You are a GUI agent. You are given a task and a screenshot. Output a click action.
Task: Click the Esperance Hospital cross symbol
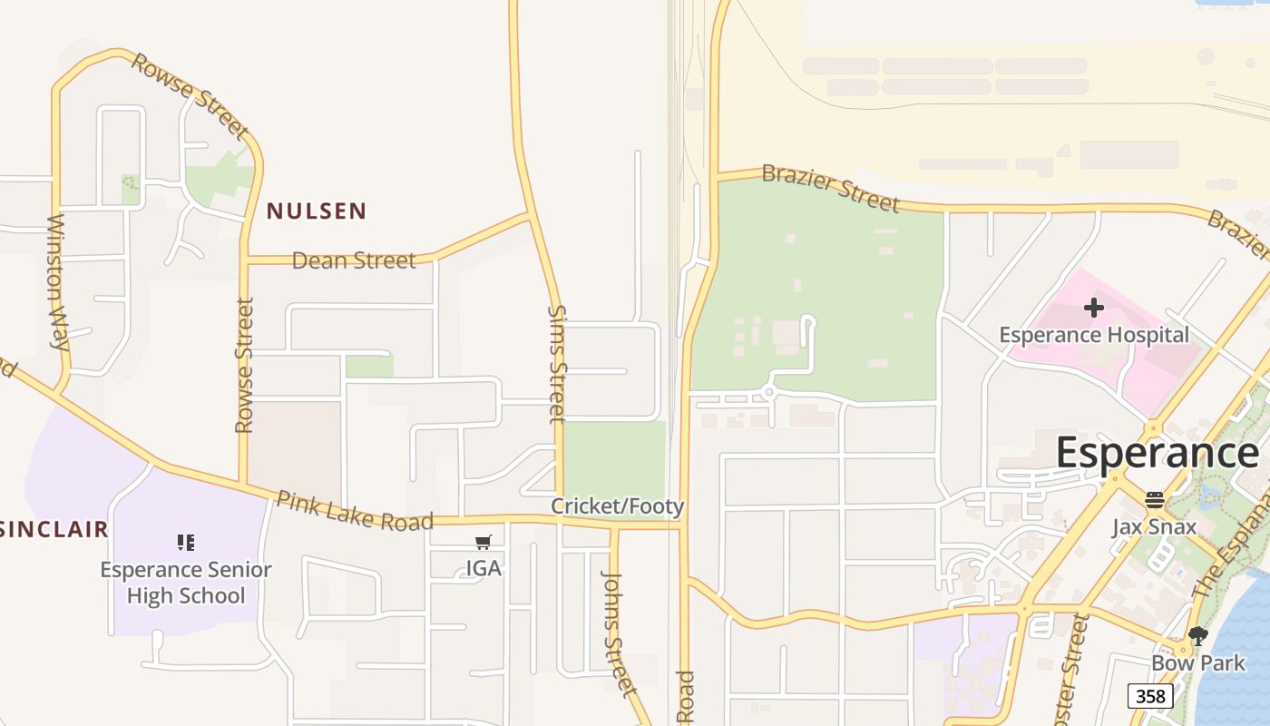point(1094,308)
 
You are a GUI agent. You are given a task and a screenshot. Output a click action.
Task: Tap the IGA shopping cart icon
point(484,543)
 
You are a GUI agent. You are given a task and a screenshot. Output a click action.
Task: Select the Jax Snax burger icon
point(1154,500)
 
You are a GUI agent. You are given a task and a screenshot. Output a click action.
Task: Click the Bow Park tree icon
point(1197,636)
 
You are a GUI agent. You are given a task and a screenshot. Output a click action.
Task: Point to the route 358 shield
point(1150,696)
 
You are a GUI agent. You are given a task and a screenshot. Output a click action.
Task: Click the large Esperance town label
point(1157,452)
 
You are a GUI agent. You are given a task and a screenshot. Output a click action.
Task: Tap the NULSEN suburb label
point(317,211)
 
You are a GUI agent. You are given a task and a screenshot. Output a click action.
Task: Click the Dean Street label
point(354,260)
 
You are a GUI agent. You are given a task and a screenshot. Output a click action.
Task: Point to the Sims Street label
point(557,364)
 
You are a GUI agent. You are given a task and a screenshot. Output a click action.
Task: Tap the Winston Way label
point(58,282)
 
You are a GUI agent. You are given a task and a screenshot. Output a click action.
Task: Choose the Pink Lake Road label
point(355,511)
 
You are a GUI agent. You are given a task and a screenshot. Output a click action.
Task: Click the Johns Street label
point(619,633)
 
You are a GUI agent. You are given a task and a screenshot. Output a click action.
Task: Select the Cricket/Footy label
point(618,506)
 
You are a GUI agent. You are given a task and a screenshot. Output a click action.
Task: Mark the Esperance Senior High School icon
point(186,543)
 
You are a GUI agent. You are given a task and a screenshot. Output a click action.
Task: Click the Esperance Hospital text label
point(1094,335)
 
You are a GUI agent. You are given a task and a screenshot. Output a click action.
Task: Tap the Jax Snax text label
point(1154,526)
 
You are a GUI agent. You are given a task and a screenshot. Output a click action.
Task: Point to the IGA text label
point(484,568)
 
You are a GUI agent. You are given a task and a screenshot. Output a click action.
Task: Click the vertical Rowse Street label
point(244,366)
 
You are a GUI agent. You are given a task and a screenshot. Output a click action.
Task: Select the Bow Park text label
point(1197,662)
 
